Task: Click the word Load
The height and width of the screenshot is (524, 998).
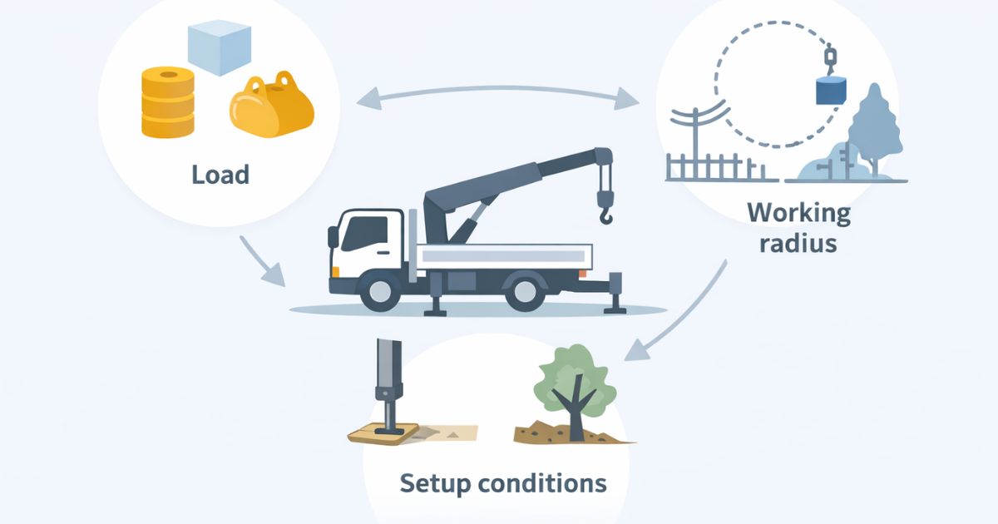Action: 220,175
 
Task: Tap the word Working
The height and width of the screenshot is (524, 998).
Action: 798,213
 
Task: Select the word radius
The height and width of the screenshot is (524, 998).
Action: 798,245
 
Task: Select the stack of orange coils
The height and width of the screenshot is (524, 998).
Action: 167,102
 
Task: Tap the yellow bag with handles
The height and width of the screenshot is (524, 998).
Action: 272,106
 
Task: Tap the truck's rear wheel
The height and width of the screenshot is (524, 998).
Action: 525,290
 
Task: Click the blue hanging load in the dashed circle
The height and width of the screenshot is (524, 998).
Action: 829,90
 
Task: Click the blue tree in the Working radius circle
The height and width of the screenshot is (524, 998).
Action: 873,125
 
